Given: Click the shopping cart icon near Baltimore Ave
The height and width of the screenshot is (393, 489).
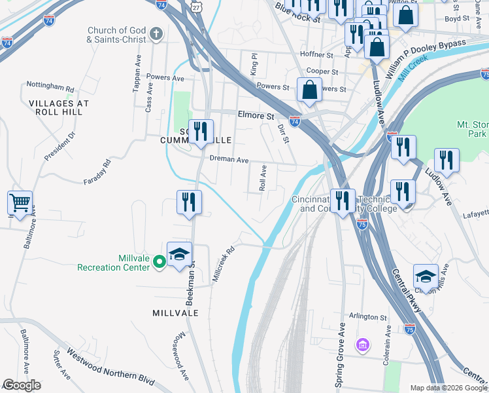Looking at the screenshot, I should coord(20,202).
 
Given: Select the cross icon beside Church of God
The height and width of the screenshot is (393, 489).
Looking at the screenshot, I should coord(156,33).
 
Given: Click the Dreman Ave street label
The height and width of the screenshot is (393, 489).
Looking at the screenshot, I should coord(229,159).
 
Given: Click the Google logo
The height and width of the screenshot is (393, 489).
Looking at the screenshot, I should coord(21,385).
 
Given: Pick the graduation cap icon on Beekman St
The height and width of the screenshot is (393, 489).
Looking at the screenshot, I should coord(179,255).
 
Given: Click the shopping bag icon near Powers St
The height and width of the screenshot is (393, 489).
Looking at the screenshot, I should coord(309,90).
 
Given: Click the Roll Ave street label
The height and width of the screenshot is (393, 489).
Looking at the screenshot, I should coord(263,178).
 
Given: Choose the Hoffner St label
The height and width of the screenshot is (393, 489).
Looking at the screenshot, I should coord(316,55).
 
